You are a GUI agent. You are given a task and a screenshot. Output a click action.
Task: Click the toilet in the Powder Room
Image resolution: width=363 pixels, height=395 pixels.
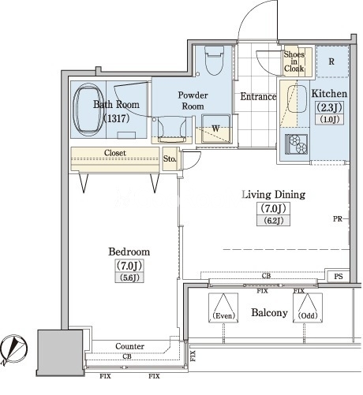click(214, 61)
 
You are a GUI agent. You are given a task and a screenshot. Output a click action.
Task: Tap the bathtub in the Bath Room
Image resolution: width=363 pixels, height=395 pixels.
click(88, 110)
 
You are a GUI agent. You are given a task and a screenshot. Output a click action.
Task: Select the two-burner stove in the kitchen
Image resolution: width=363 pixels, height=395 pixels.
click(297, 143)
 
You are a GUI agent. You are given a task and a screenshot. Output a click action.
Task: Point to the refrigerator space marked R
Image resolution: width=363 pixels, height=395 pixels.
click(332, 61)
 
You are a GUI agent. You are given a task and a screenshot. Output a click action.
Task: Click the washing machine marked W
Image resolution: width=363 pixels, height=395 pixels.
click(215, 129)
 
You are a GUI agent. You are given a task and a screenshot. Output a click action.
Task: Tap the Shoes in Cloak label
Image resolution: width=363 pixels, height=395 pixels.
click(294, 61)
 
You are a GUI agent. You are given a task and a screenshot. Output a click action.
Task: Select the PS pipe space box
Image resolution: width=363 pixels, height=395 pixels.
click(339, 277)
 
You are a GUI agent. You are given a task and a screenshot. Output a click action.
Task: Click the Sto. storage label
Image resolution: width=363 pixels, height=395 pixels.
click(170, 158)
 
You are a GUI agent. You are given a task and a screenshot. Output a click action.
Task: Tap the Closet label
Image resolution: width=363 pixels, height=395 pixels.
click(115, 153)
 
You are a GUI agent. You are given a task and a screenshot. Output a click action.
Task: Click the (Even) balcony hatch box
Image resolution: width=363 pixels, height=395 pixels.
click(223, 307)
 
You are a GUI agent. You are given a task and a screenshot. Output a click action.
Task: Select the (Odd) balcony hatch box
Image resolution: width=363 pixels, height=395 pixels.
click(308, 307)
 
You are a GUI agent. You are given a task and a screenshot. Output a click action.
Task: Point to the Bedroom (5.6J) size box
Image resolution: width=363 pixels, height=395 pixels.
click(129, 278)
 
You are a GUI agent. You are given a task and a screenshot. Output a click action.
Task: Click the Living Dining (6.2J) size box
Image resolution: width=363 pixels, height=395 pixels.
click(274, 221)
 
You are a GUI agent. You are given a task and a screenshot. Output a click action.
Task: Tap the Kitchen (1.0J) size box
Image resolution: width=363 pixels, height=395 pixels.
click(330, 120)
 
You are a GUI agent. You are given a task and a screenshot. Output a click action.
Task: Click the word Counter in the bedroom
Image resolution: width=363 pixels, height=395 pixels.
click(129, 346)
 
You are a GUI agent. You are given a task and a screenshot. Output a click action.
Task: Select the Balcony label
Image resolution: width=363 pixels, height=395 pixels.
click(269, 313)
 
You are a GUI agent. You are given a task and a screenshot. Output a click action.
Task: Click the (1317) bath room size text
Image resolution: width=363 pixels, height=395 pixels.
click(117, 118)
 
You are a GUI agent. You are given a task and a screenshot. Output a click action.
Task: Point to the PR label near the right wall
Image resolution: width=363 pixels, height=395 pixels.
click(338, 218)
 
